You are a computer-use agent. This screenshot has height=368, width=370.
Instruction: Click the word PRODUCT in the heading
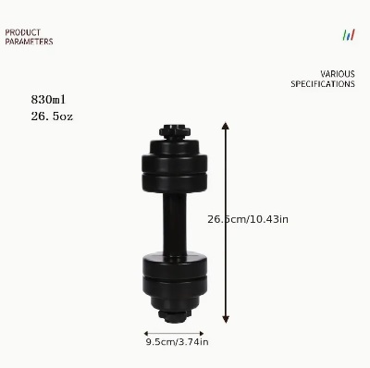click(23, 32)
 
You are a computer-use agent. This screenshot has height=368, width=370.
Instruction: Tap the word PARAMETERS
click(29, 42)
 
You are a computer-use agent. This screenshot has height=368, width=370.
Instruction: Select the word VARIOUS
click(338, 74)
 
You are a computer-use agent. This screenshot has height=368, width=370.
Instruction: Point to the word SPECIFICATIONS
click(323, 84)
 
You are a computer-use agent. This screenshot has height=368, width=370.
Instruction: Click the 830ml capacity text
click(48, 100)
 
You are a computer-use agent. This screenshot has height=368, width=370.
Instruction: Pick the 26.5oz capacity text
click(52, 117)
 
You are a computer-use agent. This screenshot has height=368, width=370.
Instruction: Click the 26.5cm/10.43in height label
click(248, 219)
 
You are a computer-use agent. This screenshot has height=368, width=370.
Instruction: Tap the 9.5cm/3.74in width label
click(178, 342)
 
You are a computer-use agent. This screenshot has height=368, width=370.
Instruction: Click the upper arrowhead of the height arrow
click(226, 126)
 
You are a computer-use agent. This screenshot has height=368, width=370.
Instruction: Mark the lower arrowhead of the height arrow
click(226, 319)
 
